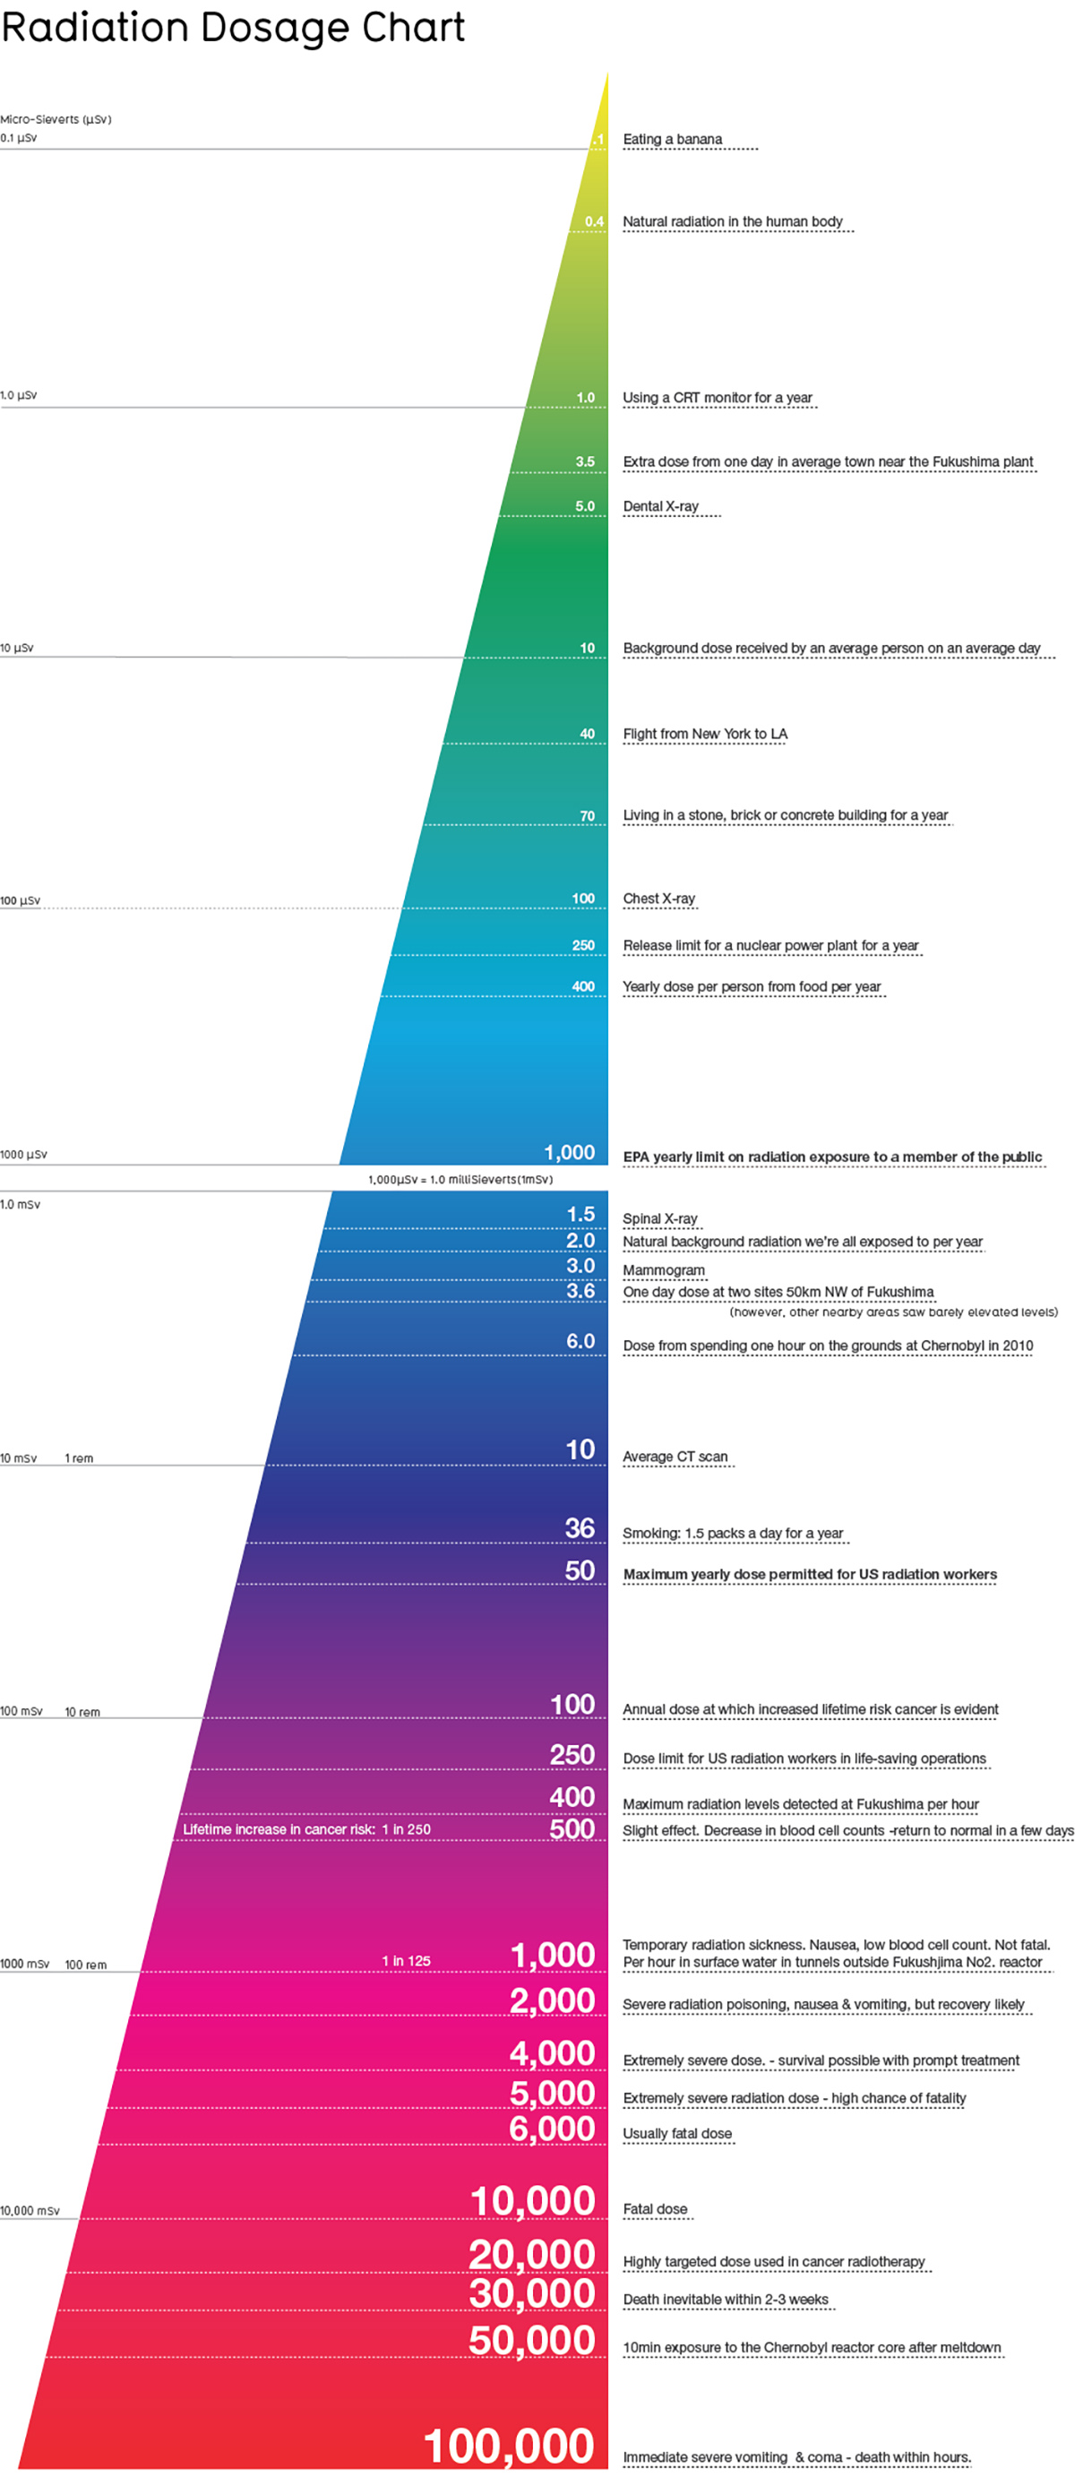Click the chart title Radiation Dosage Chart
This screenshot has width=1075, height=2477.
pos(233,27)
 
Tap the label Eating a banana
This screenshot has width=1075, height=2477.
pos(672,140)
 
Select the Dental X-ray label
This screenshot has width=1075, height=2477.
pos(660,507)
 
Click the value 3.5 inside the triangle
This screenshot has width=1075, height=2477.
pos(585,461)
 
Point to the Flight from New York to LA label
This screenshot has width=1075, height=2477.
pos(705,735)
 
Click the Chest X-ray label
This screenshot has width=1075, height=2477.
pos(658,899)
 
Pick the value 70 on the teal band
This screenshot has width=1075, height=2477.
pos(587,816)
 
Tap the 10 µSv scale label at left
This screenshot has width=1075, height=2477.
pos(17,648)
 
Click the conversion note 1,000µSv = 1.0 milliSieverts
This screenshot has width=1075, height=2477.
pos(460,1180)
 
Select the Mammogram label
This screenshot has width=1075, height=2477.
pos(664,1270)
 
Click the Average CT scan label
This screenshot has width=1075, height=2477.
pos(675,1457)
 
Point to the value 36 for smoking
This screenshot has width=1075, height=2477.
pos(579,1529)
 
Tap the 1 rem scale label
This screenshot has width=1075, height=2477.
pos(79,1458)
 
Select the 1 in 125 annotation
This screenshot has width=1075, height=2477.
pos(406,1961)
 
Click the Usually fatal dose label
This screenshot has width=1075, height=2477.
pos(677,2134)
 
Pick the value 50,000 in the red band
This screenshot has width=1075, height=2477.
pos(532,2341)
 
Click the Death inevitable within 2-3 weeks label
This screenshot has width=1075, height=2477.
pos(725,2299)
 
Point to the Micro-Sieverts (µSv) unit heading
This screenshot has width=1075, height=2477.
pos(56,119)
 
